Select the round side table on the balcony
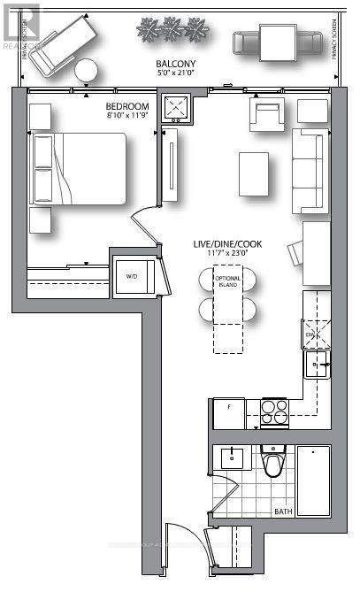click(87, 70)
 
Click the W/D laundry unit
click(133, 275)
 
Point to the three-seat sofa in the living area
click(310, 170)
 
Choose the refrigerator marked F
click(228, 413)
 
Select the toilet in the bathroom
click(273, 462)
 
